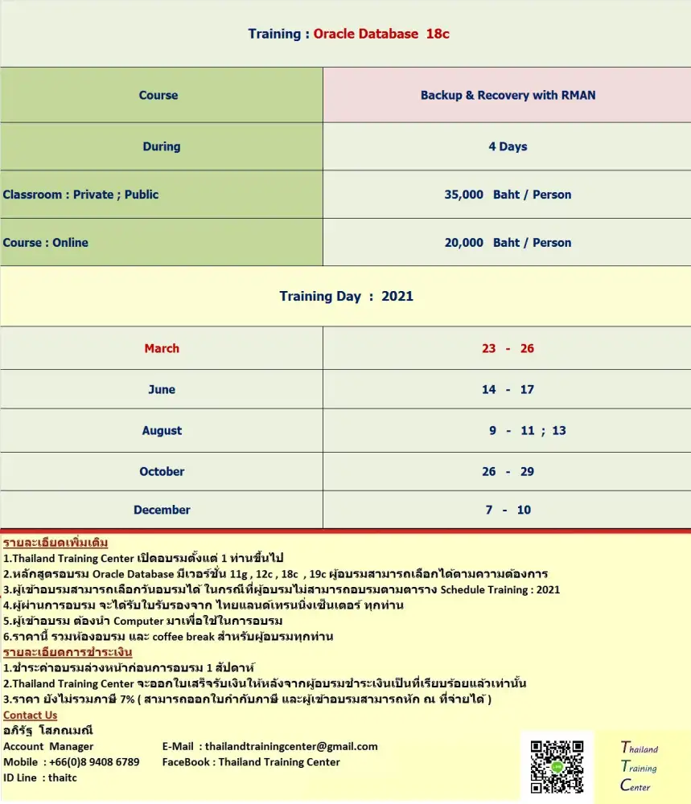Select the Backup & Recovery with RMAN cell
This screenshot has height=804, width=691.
[x=508, y=95]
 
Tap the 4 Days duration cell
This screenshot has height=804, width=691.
[x=508, y=146]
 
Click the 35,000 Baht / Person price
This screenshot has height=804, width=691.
[x=508, y=195]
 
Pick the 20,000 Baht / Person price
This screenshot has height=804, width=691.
[x=508, y=243]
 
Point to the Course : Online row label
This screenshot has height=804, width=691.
[x=46, y=243]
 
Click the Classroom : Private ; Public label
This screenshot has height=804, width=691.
[x=80, y=195]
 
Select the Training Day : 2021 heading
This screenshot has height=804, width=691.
[x=346, y=296]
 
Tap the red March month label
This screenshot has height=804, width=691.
[x=162, y=348]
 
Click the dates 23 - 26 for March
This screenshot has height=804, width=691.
[x=508, y=348]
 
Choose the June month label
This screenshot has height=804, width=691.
[x=162, y=390]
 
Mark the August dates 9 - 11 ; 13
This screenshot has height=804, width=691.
[x=527, y=431]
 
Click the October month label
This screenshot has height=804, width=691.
[x=162, y=472]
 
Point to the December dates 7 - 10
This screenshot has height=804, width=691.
[x=508, y=510]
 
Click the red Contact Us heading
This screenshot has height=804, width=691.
[x=31, y=715]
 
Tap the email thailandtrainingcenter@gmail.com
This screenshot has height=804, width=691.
[x=291, y=746]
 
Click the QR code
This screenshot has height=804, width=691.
[x=557, y=766]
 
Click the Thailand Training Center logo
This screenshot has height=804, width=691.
[x=639, y=767]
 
